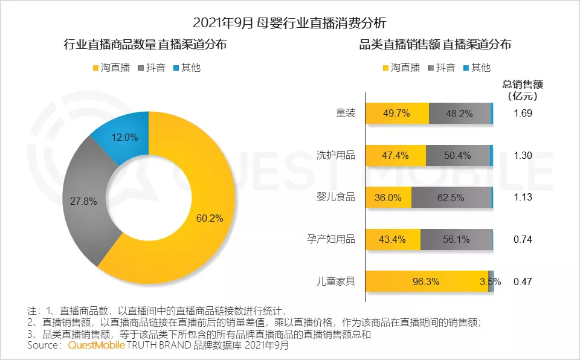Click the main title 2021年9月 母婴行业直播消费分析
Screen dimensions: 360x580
click(x=289, y=23)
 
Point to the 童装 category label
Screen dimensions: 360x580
click(x=346, y=113)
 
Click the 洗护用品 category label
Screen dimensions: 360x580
click(x=337, y=155)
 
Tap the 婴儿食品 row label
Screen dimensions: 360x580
click(x=337, y=197)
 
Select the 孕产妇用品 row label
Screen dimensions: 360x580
click(x=332, y=239)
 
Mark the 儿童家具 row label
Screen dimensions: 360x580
click(x=337, y=281)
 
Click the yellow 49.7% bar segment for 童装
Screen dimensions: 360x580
click(x=397, y=114)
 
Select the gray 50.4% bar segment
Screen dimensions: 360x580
click(x=457, y=156)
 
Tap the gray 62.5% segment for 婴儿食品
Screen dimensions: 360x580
click(x=451, y=198)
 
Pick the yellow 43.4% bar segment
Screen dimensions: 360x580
click(x=393, y=240)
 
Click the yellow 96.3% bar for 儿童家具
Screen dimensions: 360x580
click(x=426, y=281)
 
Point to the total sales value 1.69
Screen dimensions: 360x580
click(x=523, y=114)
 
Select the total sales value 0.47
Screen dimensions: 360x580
click(x=523, y=281)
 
